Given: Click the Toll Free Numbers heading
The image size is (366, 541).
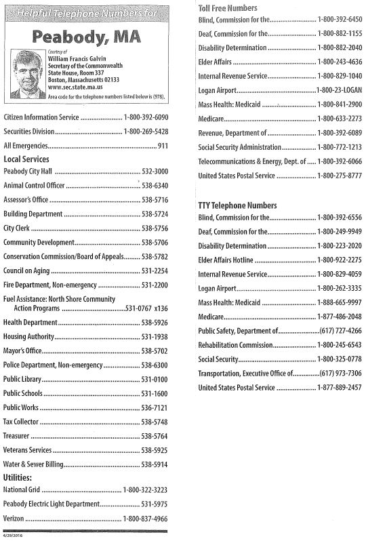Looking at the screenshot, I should coord(228,7).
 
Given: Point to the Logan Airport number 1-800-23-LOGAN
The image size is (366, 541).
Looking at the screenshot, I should coord(339,90).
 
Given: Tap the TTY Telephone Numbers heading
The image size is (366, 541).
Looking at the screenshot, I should coord(237,204).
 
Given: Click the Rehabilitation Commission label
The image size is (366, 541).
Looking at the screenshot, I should coord(236,344).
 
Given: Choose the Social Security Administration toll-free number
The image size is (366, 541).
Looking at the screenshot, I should coord(339,147).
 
